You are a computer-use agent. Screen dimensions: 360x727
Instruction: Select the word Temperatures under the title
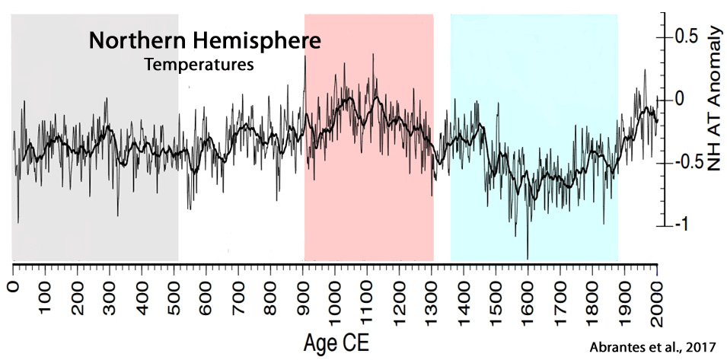(x=199, y=65)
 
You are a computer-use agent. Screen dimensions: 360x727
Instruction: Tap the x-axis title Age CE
(x=335, y=336)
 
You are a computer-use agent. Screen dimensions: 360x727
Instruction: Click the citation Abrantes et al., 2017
(x=653, y=347)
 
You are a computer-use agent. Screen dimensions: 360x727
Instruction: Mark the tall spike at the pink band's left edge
(x=305, y=59)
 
